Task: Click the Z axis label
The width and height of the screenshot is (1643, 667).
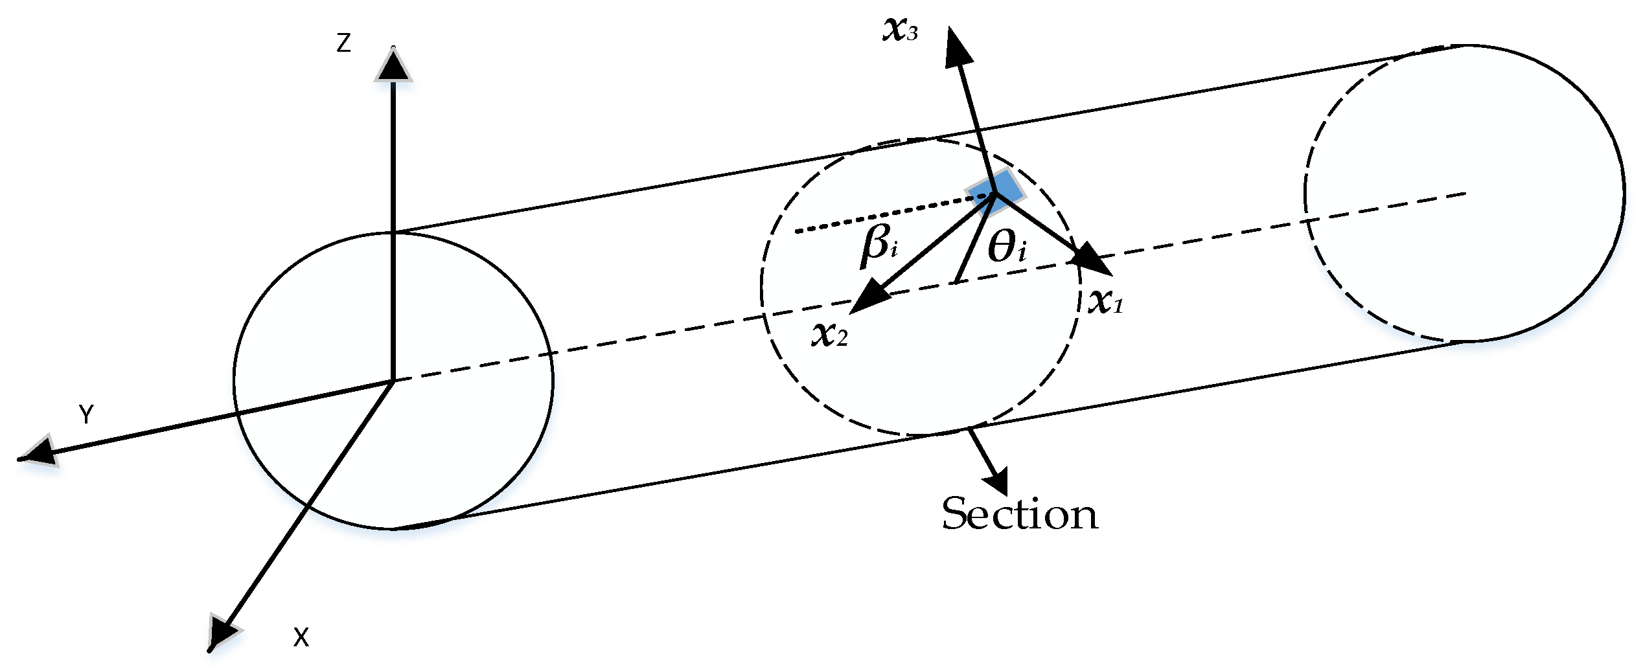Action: (343, 43)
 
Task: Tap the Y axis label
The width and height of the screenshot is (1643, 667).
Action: (86, 414)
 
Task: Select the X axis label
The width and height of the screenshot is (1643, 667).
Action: (301, 638)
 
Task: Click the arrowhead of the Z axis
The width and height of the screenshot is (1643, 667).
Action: (393, 65)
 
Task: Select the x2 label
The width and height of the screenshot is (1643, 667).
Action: (829, 335)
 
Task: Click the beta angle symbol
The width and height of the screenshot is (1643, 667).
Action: (879, 246)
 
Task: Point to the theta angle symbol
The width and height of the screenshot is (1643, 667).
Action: (1007, 247)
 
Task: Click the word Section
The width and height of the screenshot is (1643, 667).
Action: (1020, 515)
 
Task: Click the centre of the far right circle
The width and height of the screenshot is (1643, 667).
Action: (1465, 193)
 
